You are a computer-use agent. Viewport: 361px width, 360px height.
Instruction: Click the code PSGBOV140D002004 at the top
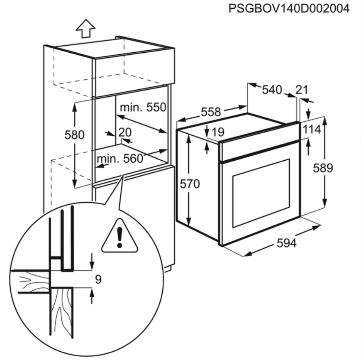tap(289, 8)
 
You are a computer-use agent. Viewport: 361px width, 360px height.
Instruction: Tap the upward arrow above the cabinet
tap(86, 29)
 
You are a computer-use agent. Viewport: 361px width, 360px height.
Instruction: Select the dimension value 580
tap(75, 135)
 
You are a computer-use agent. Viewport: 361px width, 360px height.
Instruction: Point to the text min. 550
tap(143, 108)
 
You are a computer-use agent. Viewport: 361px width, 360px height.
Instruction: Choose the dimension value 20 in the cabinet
tap(124, 132)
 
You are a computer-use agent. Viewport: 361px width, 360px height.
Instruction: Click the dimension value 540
tap(272, 90)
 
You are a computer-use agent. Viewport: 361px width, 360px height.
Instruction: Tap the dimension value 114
tap(312, 130)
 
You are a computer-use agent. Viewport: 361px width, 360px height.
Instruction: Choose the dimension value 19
tap(217, 132)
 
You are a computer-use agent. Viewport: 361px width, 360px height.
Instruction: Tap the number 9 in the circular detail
tap(98, 279)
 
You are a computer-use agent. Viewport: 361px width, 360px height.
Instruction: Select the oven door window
tap(261, 193)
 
